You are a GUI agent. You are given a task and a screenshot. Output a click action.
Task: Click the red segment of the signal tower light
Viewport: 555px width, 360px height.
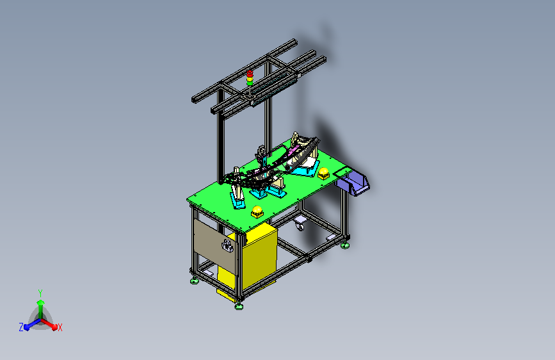click(x=250, y=74)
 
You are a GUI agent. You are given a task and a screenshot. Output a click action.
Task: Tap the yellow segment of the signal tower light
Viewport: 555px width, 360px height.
click(x=250, y=79)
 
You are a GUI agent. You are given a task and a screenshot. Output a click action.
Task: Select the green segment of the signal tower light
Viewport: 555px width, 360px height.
click(x=250, y=83)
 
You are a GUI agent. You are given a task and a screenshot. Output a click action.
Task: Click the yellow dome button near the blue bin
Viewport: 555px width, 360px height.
click(x=323, y=173)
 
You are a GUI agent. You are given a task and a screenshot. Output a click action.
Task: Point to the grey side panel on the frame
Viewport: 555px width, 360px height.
click(x=214, y=245)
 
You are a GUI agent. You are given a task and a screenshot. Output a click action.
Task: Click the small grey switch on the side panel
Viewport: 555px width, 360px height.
click(x=227, y=246)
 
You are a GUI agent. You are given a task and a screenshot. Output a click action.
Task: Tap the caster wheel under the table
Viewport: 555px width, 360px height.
click(x=300, y=224)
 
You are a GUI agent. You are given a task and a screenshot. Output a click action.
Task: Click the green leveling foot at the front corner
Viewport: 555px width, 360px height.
click(x=239, y=306)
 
